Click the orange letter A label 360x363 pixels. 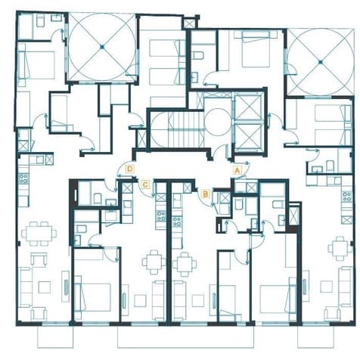[237, 170]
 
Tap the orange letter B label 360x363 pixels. [205, 194]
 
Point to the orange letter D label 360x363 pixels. [131, 169]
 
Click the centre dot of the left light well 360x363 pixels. [103, 47]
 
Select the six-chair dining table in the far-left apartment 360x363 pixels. [36, 234]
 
